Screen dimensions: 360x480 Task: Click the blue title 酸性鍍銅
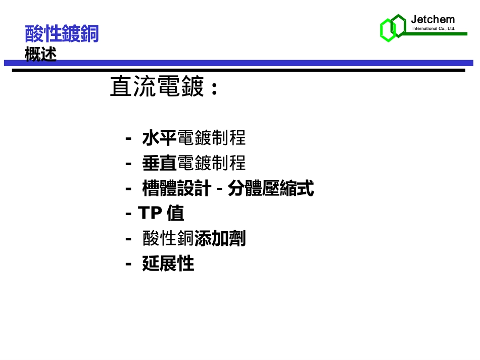click(62, 34)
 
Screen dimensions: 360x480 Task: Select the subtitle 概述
click(40, 54)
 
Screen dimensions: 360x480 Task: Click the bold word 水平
click(159, 137)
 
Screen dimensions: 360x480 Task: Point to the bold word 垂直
click(159, 163)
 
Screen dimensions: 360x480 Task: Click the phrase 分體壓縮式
click(271, 189)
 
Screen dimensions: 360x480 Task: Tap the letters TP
click(150, 213)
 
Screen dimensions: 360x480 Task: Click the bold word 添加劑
click(220, 238)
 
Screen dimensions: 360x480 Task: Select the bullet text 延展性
click(168, 264)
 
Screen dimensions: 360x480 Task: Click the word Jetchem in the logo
click(433, 20)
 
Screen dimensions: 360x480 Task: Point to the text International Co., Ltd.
click(434, 29)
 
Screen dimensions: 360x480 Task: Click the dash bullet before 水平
click(129, 138)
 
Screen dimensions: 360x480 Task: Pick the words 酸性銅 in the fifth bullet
click(168, 238)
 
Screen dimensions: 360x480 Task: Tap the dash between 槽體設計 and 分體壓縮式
click(220, 190)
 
